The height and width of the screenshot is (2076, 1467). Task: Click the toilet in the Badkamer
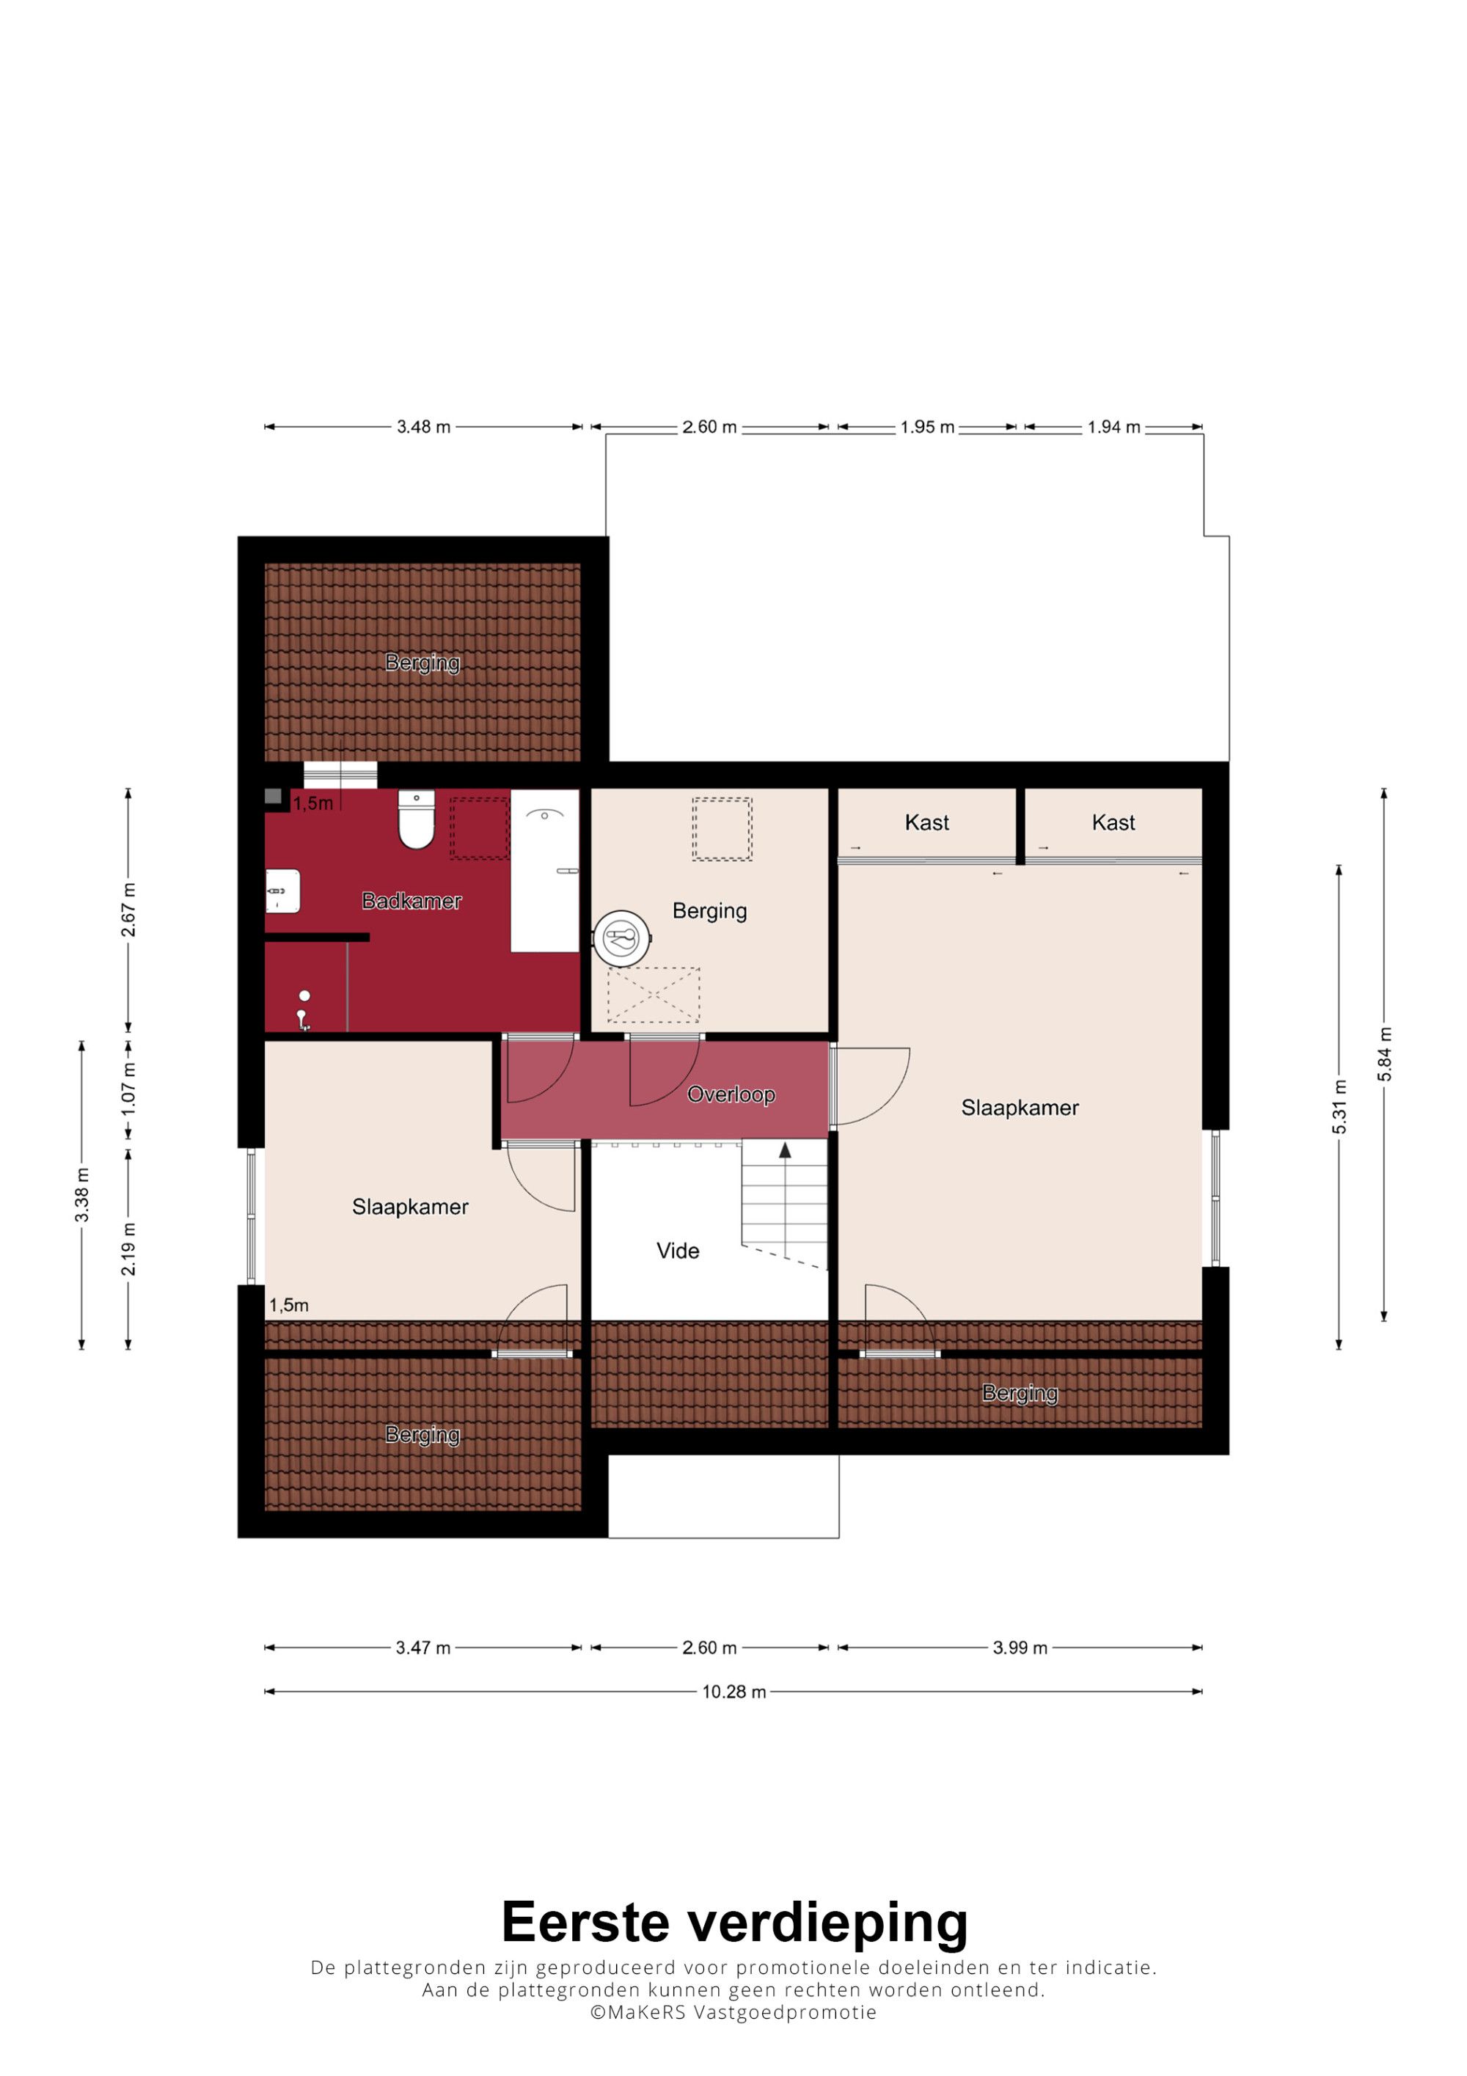pyautogui.click(x=416, y=820)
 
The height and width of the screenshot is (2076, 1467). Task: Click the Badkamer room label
pyautogui.click(x=411, y=901)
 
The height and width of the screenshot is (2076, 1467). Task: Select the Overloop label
pyautogui.click(x=731, y=1095)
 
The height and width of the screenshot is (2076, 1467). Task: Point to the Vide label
pyautogui.click(x=678, y=1251)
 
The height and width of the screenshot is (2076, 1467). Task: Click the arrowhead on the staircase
pyautogui.click(x=785, y=1150)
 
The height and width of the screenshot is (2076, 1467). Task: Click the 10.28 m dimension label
pyautogui.click(x=734, y=1692)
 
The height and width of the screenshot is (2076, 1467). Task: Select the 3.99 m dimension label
pyautogui.click(x=1020, y=1648)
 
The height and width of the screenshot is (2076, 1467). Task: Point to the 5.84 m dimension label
pyautogui.click(x=1384, y=1054)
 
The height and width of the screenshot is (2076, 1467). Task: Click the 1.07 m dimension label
pyautogui.click(x=128, y=1088)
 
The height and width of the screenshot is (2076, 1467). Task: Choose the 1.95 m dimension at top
pyautogui.click(x=926, y=427)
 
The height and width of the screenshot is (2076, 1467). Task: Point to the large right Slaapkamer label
pyautogui.click(x=1020, y=1108)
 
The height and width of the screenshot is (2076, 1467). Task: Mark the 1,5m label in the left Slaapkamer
pyautogui.click(x=288, y=1305)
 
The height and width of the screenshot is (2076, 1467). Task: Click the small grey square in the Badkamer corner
pyautogui.click(x=273, y=797)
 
